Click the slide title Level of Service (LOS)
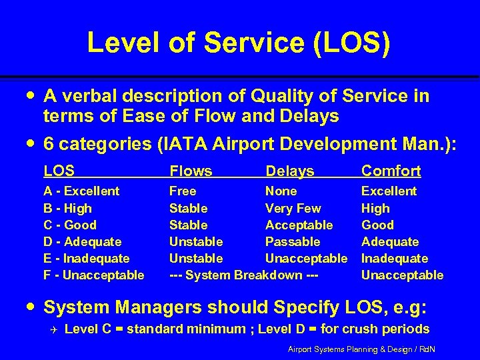coord(239,43)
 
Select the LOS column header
coord(59,171)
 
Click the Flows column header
coord(191,171)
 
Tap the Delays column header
coord(289,171)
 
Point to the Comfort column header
coord(391,171)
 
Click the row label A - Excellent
coord(81,191)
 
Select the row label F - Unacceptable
coord(93,275)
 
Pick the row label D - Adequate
coord(82,241)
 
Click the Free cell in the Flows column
coord(183,191)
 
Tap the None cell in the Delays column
coord(281,191)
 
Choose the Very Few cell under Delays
coord(293,208)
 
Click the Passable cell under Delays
coord(293,241)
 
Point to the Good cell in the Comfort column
coord(377,225)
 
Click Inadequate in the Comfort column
coord(393,258)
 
